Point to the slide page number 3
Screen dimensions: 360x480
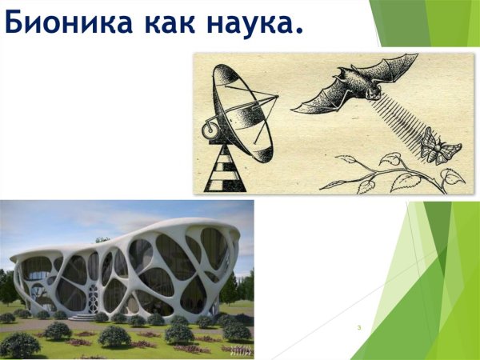(x=360, y=327)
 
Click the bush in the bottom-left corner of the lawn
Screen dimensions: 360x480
(x=20, y=345)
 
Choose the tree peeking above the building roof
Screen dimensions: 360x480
(x=102, y=239)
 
